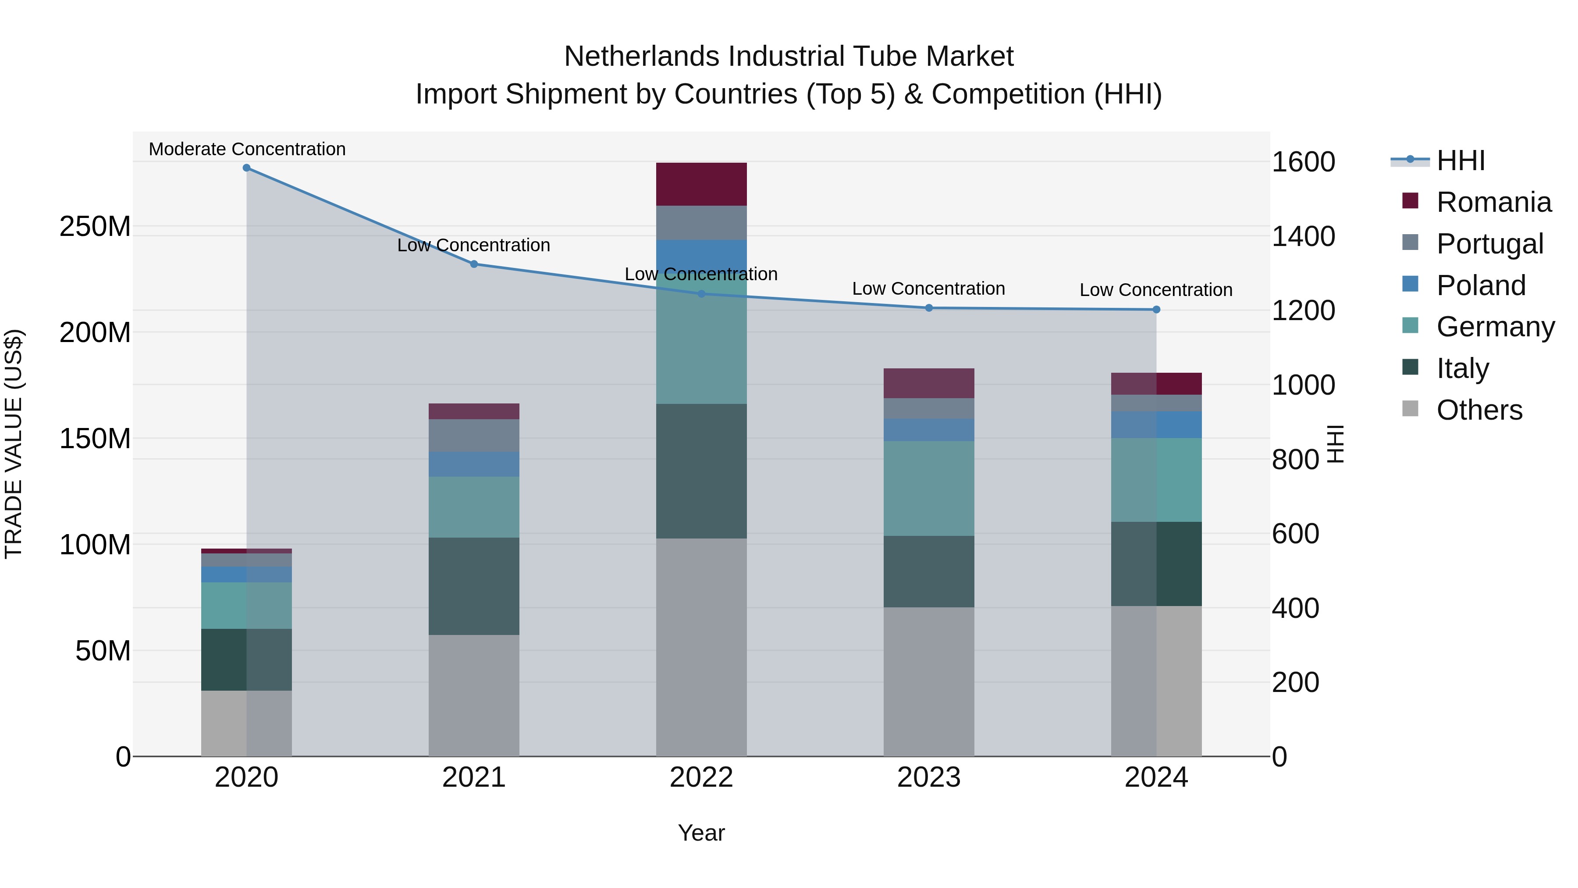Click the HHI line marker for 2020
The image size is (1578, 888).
click(x=246, y=168)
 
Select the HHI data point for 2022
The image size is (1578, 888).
click(x=701, y=293)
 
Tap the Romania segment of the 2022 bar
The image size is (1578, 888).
click(x=701, y=184)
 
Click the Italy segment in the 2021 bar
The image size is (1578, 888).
click(x=473, y=586)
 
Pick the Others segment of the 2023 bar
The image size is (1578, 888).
click(x=929, y=681)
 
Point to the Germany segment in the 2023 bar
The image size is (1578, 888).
click(x=929, y=489)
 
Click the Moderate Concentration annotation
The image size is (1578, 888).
click(x=247, y=149)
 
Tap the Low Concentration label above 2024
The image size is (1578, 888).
click(x=1155, y=290)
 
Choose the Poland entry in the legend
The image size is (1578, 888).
click(x=1481, y=285)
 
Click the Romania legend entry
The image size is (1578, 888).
click(x=1493, y=202)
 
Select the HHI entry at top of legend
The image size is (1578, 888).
click(x=1461, y=160)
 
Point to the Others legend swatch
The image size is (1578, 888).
click(x=1410, y=409)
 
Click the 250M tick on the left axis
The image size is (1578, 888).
click(x=95, y=227)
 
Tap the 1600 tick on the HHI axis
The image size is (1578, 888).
click(x=1304, y=162)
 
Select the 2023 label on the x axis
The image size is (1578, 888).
click(x=929, y=777)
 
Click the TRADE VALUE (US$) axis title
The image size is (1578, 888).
click(x=14, y=444)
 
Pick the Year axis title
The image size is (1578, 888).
click(x=701, y=833)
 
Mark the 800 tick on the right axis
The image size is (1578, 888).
click(x=1295, y=460)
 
